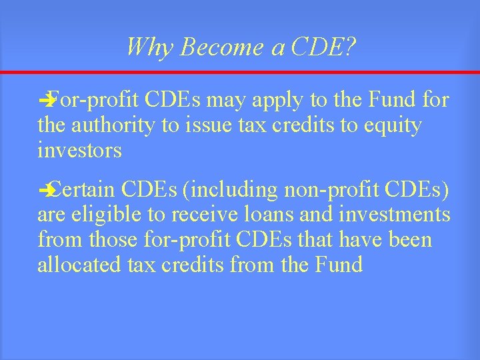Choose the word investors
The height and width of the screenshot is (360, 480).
(x=79, y=150)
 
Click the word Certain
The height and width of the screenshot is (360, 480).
(x=85, y=191)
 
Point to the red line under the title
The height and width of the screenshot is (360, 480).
(x=240, y=72)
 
